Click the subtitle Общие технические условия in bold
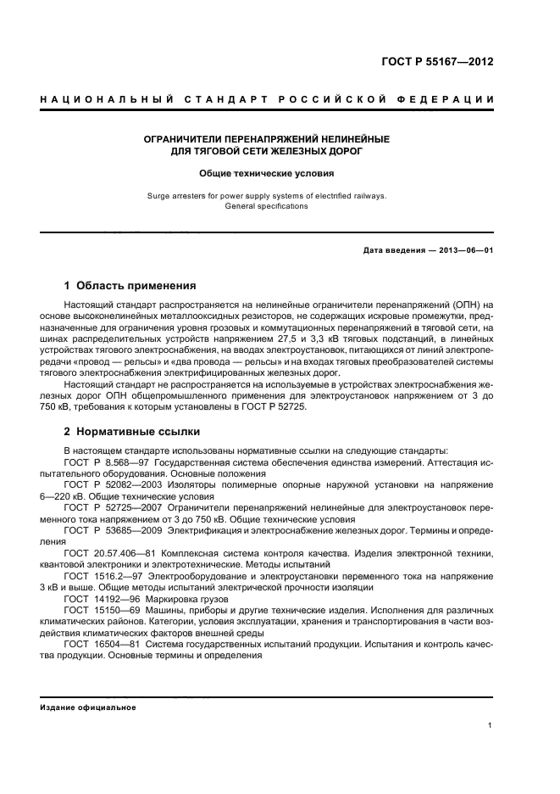(x=267, y=172)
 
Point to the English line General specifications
(x=267, y=206)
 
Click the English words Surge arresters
(x=176, y=195)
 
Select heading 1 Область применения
(x=130, y=286)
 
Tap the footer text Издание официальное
(x=88, y=707)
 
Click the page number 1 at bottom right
(x=491, y=725)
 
